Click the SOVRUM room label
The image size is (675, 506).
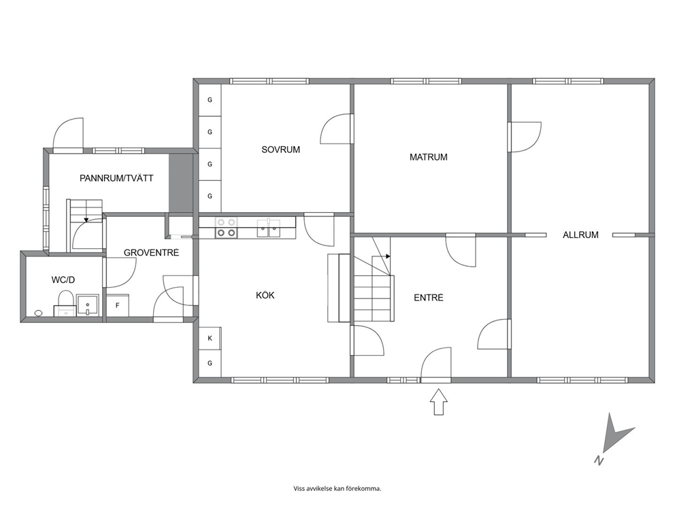point(280,150)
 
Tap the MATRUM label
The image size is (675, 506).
point(428,157)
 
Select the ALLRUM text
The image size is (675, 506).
point(580,235)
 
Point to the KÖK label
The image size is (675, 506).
point(265,295)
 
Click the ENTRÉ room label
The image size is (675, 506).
point(428,297)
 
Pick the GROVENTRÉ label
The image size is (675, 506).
point(151,252)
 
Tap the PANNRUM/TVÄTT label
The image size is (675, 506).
point(116,178)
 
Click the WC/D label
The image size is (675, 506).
point(63,280)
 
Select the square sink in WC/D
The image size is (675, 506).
point(88,305)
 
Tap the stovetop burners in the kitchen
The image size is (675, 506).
point(226,228)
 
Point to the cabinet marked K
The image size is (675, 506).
point(210,338)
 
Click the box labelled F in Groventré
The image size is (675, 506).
point(118,305)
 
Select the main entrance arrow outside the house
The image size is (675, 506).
point(439,402)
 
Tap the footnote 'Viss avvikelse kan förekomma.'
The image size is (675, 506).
point(337,488)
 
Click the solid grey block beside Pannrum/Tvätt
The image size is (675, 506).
point(180,183)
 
